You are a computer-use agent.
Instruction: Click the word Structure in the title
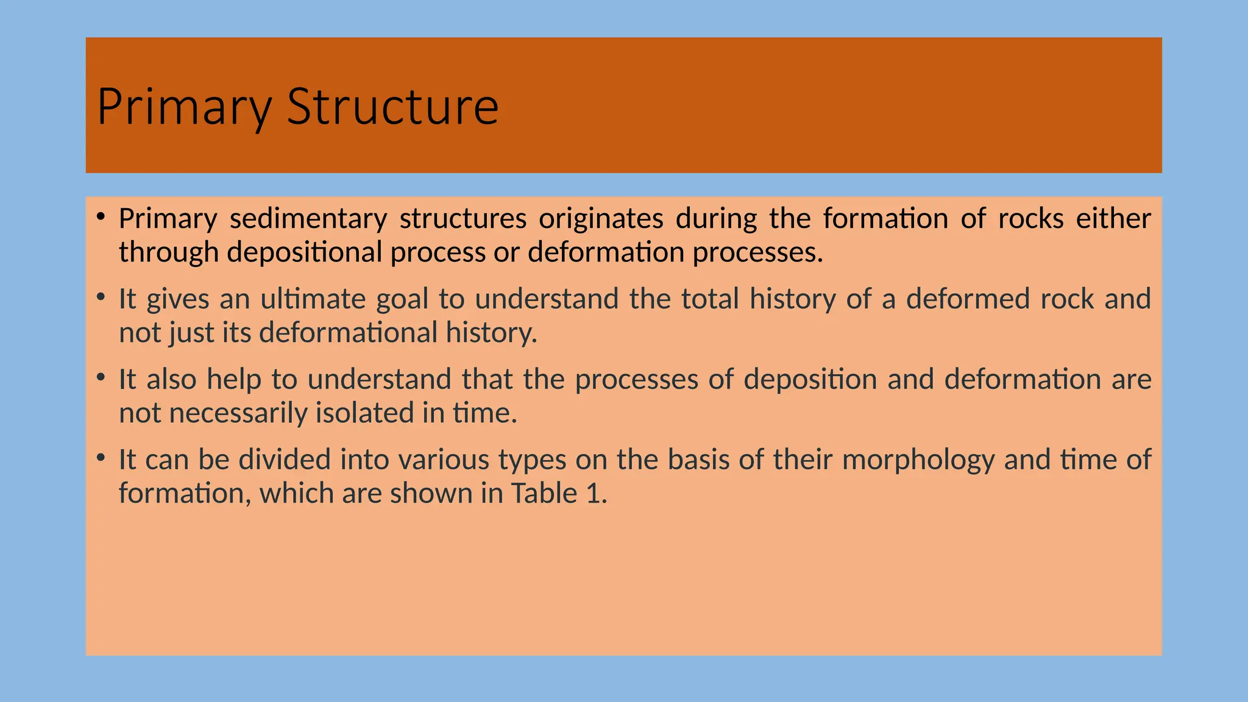392,107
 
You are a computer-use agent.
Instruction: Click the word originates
601,219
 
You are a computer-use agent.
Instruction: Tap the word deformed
966,299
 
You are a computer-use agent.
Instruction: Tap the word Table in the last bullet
544,494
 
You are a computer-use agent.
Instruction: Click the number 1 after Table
594,494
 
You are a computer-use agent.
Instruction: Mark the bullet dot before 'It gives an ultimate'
101,297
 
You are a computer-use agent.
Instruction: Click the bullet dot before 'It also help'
101,377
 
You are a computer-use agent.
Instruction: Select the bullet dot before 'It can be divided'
101,458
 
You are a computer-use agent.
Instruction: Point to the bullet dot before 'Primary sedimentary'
101,216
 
